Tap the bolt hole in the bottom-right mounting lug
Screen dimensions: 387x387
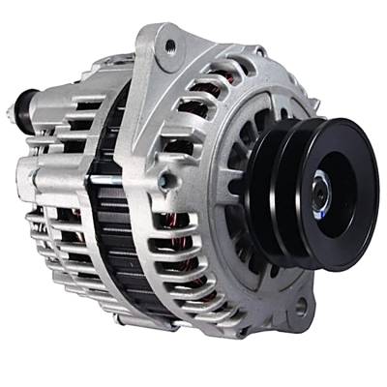coord(301,308)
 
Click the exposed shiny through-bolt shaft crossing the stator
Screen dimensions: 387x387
coord(106,179)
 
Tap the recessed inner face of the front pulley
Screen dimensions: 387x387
coord(334,184)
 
